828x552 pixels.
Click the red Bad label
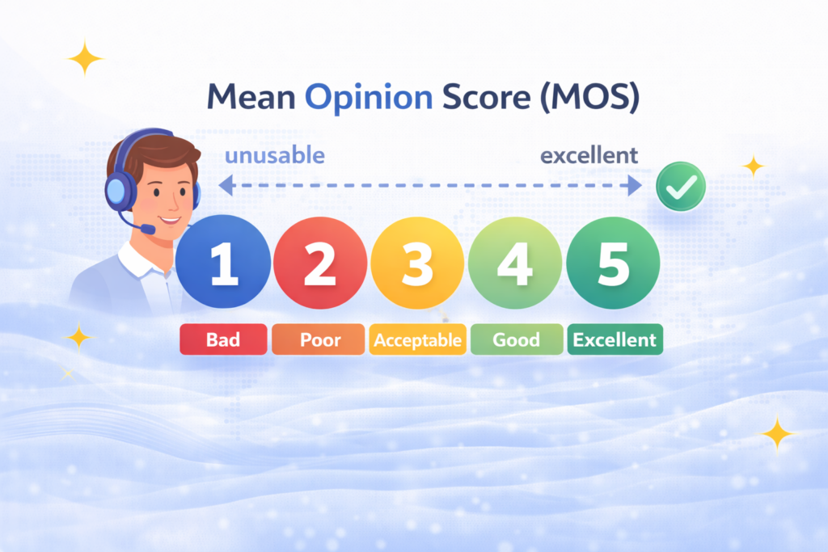click(x=222, y=339)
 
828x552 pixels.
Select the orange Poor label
click(x=319, y=339)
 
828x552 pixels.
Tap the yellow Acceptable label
click(x=417, y=339)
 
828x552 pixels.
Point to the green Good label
click(x=516, y=339)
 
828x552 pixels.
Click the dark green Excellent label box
click(x=615, y=339)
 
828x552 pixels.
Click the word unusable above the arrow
click(x=275, y=154)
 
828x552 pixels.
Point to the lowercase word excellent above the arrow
click(x=589, y=154)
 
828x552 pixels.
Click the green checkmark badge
click(x=680, y=187)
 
